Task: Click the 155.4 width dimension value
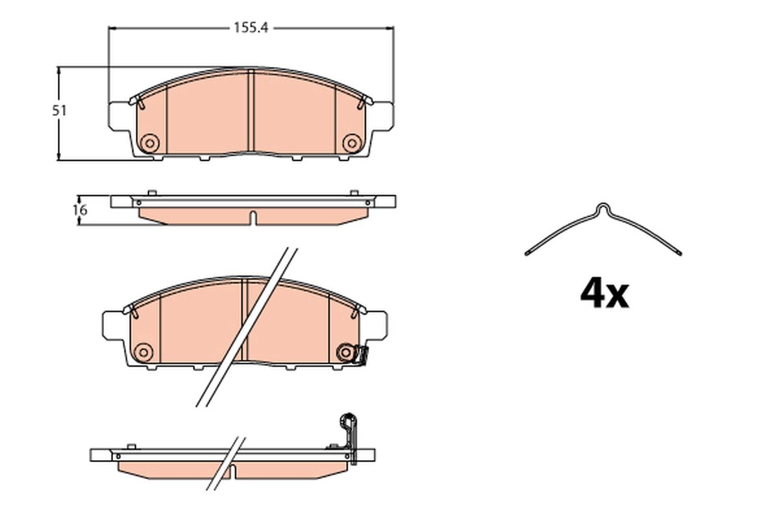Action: [251, 28]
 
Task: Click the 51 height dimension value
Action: [60, 111]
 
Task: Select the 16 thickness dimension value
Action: [79, 210]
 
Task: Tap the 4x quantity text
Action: [604, 294]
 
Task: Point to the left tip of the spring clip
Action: [526, 252]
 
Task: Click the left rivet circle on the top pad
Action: [149, 143]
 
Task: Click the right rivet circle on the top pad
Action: [351, 143]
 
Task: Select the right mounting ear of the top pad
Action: [382, 115]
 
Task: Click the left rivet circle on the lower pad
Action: [142, 352]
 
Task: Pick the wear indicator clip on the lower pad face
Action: [360, 355]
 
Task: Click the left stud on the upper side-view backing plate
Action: [151, 193]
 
